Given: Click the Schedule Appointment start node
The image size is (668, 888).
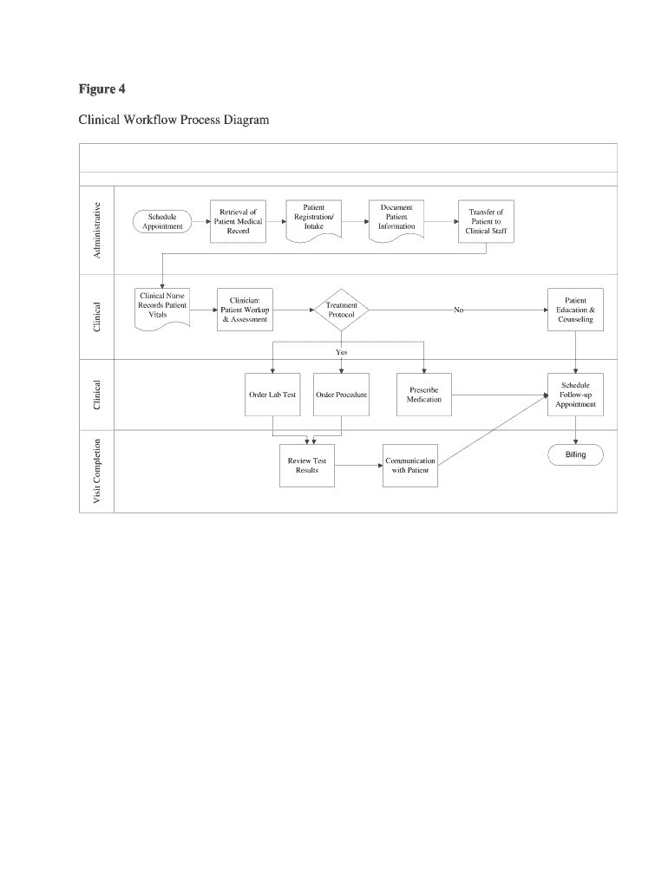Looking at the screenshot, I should click(x=162, y=221).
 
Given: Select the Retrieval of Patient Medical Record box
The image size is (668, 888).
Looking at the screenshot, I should click(x=238, y=221).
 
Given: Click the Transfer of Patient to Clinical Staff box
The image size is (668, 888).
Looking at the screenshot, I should click(x=485, y=222).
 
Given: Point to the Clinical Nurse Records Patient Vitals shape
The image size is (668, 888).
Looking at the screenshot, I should click(x=162, y=307).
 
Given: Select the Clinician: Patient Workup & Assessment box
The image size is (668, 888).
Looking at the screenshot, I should click(x=245, y=310).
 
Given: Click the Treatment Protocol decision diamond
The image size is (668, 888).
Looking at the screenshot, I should click(x=341, y=310).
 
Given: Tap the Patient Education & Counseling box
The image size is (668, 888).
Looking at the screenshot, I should click(x=575, y=310).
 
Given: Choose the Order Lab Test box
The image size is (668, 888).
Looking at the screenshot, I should click(x=272, y=395).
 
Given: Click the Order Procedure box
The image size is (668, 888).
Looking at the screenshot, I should click(x=341, y=395).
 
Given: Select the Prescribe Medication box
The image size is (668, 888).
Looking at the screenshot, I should click(x=423, y=395).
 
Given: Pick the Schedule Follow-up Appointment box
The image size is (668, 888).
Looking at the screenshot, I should click(x=575, y=395).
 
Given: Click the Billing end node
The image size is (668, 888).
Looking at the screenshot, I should click(x=575, y=454).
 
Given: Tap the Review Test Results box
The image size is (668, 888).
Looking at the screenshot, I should click(x=306, y=466).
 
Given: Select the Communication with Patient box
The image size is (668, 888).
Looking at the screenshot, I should click(x=410, y=466).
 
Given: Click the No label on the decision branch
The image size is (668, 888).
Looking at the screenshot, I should click(x=458, y=310).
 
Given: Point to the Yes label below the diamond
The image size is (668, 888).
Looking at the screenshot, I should click(x=341, y=353).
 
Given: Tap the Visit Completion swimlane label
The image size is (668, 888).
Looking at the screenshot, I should click(x=97, y=471).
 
